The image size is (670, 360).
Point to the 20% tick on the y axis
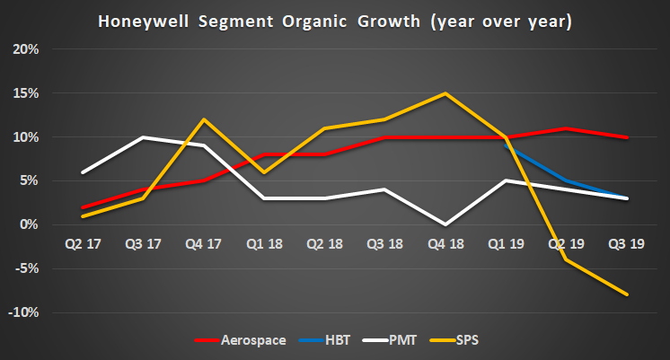click(26, 49)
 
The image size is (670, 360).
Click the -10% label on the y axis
click(24, 312)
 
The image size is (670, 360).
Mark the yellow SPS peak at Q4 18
click(445, 93)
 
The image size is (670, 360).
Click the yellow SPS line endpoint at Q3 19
click(626, 294)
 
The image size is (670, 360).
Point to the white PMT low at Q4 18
click(445, 224)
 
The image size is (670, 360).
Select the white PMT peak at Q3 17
click(144, 137)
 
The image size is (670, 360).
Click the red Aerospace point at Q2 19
click(566, 128)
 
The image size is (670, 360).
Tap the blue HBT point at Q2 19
click(566, 180)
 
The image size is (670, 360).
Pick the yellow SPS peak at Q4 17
click(204, 119)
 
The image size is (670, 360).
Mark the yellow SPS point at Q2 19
click(566, 259)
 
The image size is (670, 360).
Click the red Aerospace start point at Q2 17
click(84, 207)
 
